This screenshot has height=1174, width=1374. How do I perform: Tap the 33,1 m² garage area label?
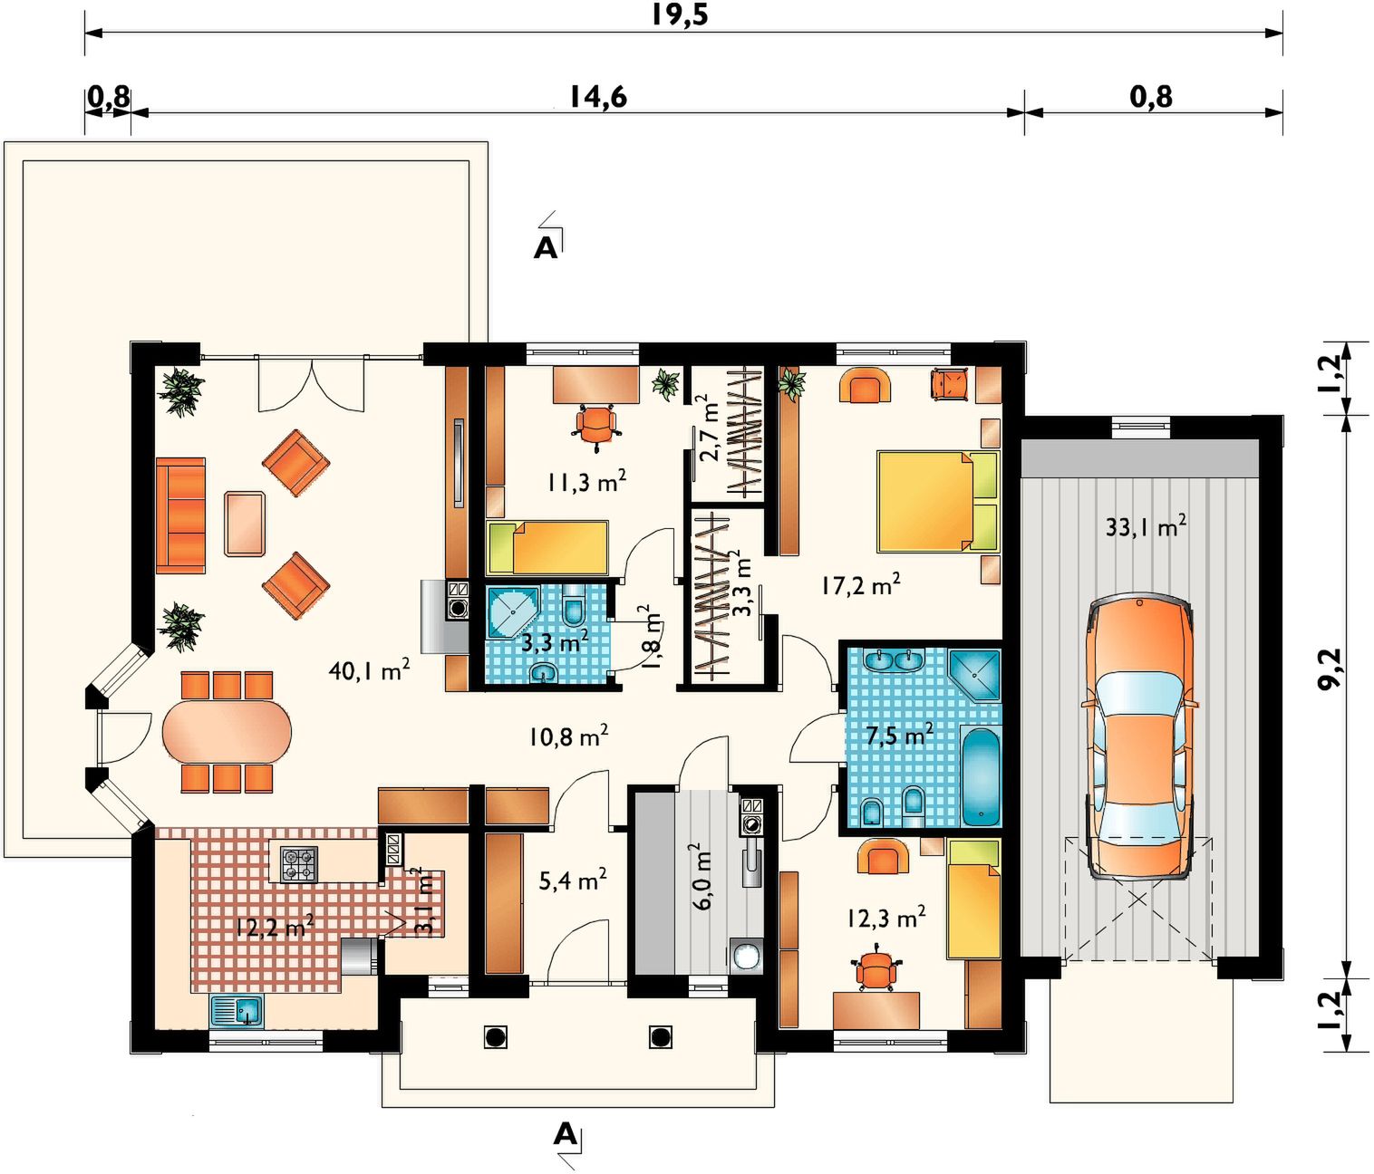click(x=1146, y=526)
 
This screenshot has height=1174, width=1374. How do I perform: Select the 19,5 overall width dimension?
click(x=680, y=14)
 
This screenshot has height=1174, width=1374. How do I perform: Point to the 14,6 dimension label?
click(x=598, y=97)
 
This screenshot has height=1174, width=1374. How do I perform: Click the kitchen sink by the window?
click(x=237, y=1010)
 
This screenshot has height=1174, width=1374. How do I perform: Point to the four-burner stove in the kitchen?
click(x=299, y=864)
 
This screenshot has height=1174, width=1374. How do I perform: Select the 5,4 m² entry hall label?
click(x=572, y=881)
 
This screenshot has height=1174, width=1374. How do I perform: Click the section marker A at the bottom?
click(x=565, y=1133)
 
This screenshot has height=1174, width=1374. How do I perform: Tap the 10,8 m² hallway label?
click(x=569, y=736)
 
